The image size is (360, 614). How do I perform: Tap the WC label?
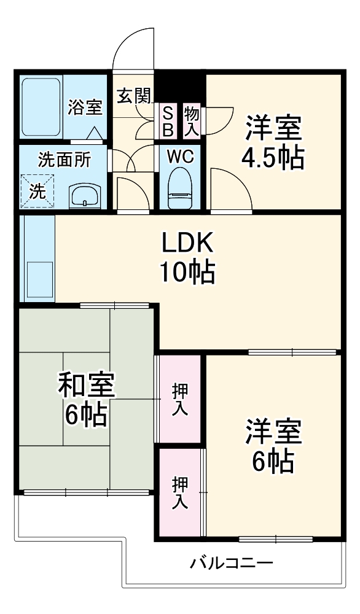click(x=181, y=157)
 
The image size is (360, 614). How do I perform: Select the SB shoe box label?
click(x=168, y=122)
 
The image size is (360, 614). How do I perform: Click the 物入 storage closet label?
click(x=191, y=121)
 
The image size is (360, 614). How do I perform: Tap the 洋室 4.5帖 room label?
click(x=273, y=143)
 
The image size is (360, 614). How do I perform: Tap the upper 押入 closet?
click(x=180, y=399)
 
